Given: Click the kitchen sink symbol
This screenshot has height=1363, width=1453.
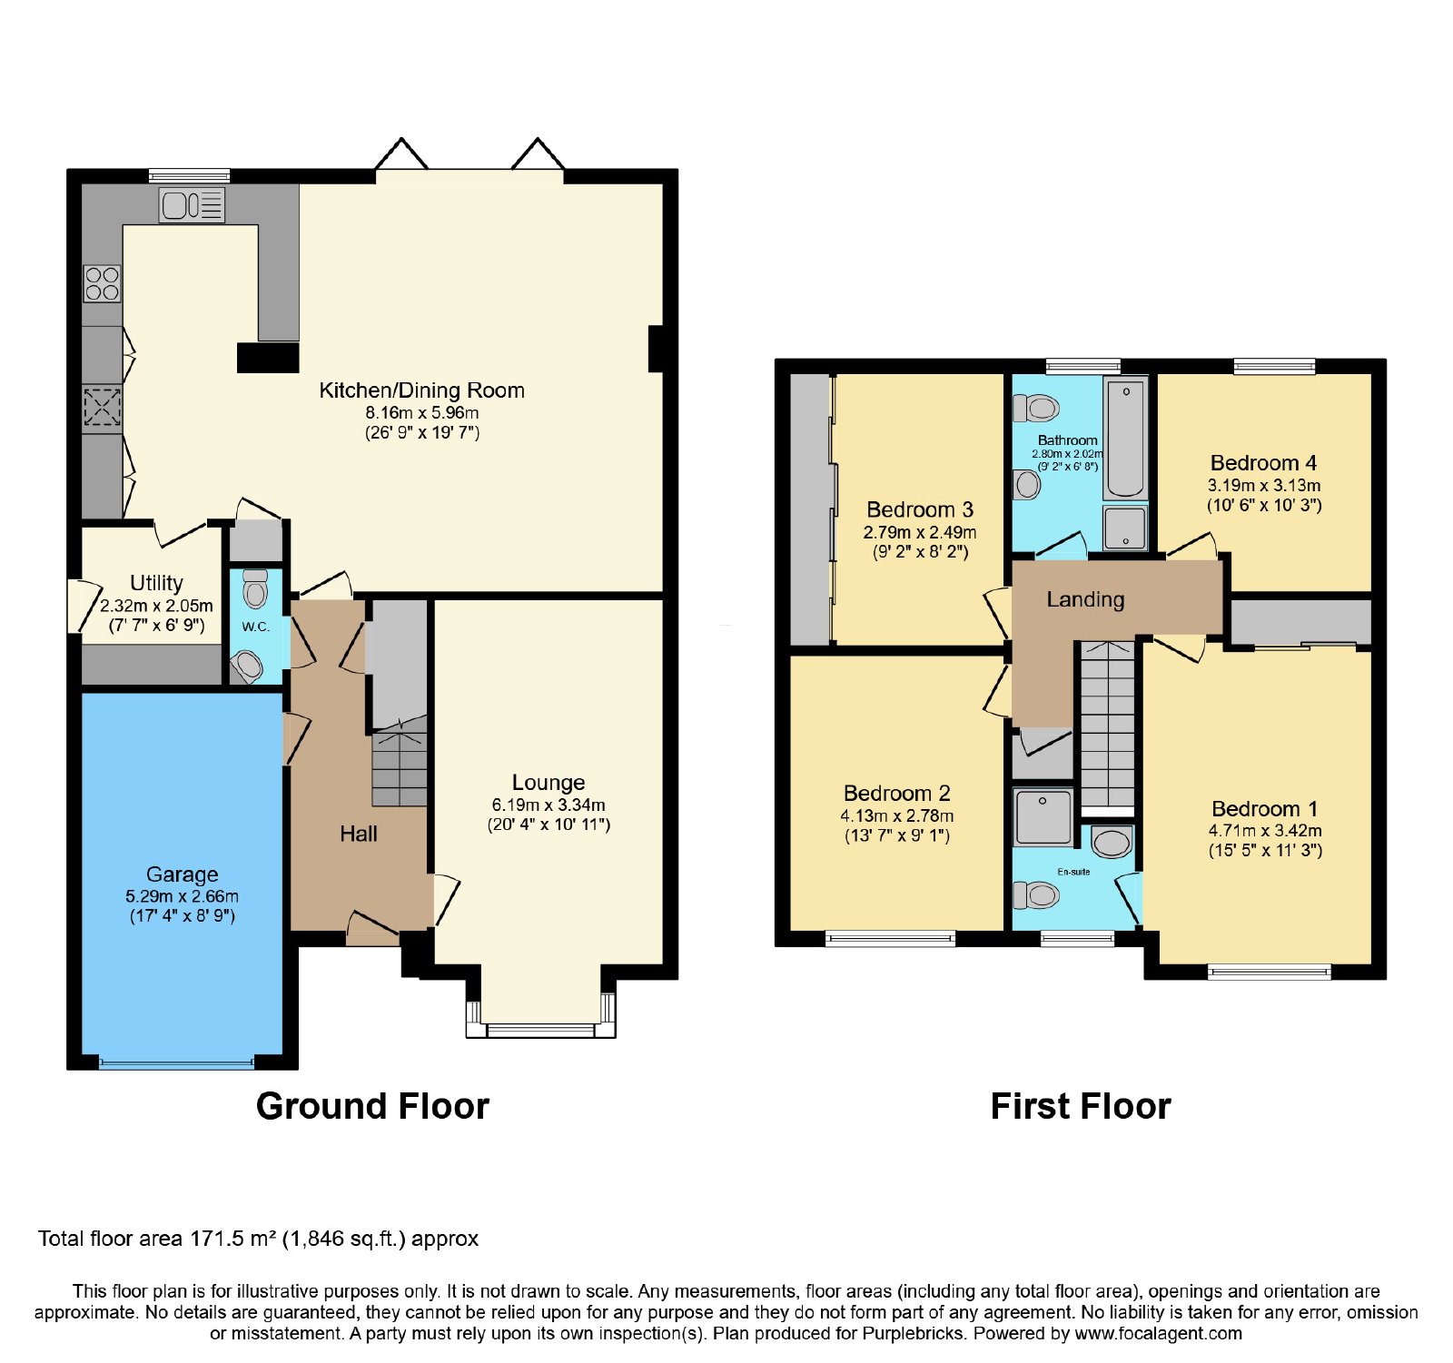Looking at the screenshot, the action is coord(192,204).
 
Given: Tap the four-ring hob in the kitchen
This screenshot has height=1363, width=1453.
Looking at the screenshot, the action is coord(102,282).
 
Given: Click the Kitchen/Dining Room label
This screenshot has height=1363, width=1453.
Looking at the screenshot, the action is coord(421,390).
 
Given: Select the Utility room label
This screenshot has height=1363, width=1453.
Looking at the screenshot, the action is coord(156,583).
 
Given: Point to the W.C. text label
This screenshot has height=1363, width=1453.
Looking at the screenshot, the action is coord(255,627).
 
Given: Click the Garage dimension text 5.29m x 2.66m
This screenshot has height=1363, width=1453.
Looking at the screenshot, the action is coord(183,896).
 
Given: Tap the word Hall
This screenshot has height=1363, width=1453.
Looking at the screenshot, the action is coord(359,834).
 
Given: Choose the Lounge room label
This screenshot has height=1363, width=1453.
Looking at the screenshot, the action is coord(549,783).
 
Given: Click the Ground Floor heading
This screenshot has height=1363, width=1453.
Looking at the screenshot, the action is coord(372,1106).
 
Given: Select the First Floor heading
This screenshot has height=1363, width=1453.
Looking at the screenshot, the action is coord(1081,1106).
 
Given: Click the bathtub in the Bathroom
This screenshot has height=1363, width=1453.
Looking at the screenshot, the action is coord(1125,438).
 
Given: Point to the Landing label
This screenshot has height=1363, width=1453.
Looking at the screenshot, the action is coord(1085,599).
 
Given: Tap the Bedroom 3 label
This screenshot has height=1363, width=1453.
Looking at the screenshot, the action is coord(920,509).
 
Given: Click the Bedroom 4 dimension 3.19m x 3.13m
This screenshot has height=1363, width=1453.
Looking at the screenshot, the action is coord(1264,486).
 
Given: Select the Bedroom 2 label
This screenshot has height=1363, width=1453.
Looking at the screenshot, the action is coord(897,794).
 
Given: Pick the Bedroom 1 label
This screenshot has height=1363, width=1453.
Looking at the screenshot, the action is coord(1265,809).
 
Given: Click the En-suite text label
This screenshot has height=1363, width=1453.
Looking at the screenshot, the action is coord(1073,872).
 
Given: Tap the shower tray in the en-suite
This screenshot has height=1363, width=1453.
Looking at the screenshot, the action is coord(1043,817).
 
